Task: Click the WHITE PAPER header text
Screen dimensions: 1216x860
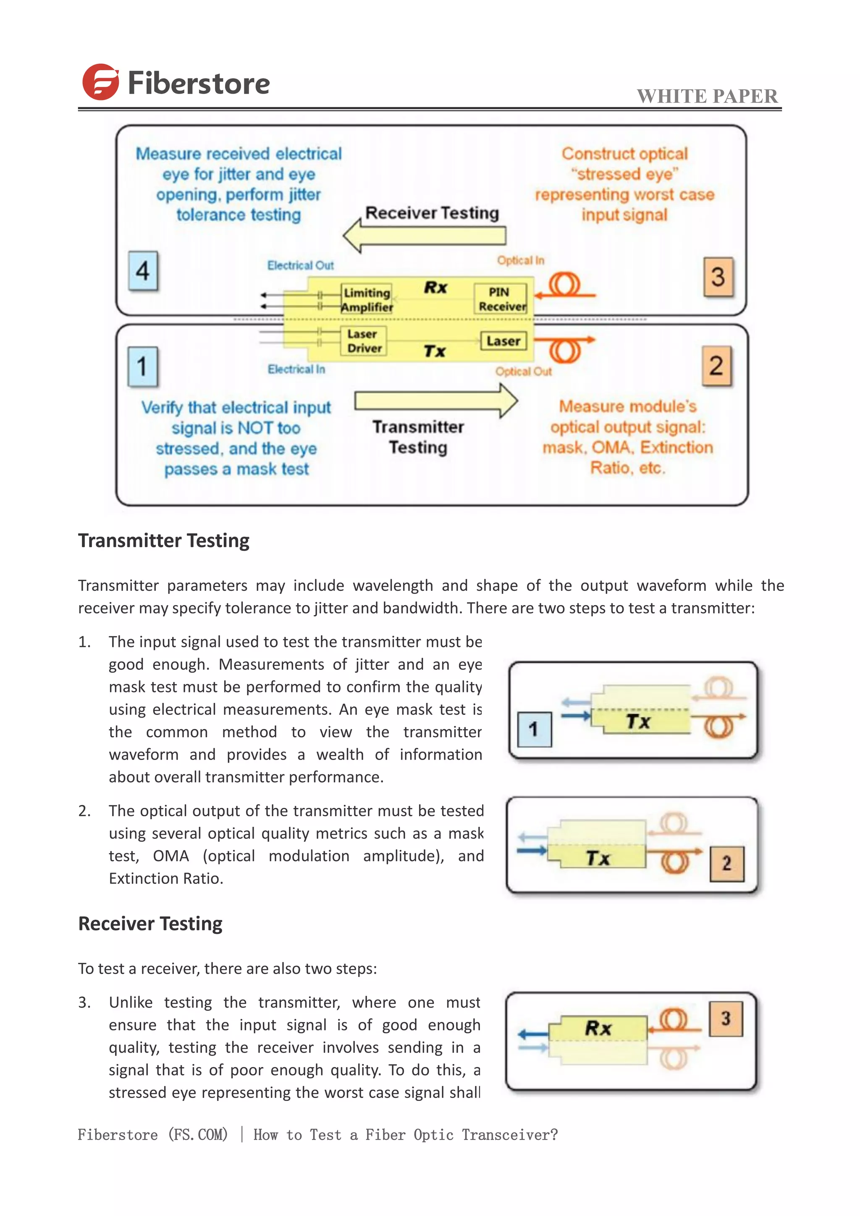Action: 707,97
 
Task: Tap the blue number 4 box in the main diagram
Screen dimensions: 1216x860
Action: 143,271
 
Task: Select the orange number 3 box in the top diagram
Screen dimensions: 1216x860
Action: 718,276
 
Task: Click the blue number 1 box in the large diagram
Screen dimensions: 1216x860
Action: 142,367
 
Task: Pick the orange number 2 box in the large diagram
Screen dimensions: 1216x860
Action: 716,366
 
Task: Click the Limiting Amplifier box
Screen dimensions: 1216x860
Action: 367,300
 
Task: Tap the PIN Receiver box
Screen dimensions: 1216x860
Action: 501,299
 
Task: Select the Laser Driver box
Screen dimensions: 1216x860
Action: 364,341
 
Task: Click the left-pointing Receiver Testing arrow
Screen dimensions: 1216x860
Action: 424,236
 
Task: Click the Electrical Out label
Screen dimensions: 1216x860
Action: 300,265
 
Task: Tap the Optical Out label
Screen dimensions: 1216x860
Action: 523,372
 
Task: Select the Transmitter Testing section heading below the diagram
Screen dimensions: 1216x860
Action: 164,541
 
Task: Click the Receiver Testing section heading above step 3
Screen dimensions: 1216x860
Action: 150,924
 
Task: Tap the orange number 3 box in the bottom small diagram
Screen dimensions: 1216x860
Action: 726,1019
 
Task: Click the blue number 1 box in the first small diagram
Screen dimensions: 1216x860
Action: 534,729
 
